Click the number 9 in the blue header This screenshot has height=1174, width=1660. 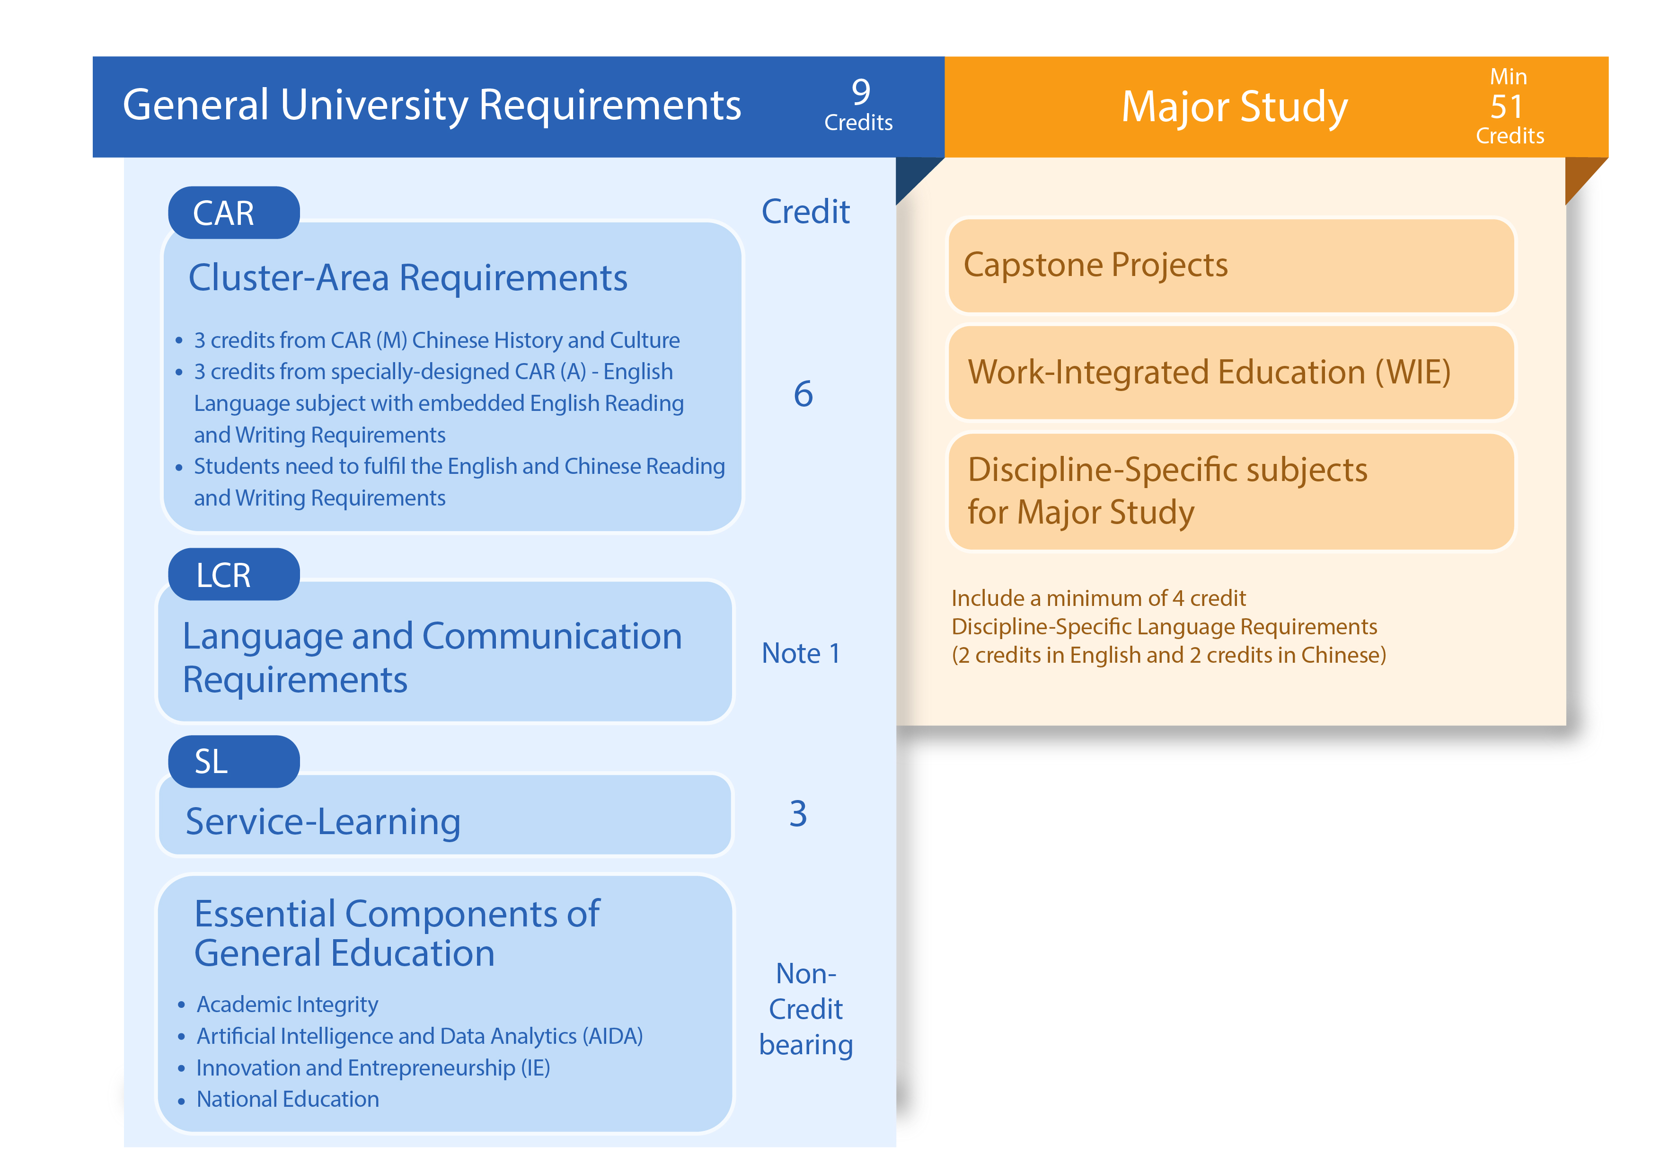pos(860,92)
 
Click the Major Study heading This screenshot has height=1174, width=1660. pos(1234,107)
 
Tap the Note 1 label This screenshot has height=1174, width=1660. pos(801,653)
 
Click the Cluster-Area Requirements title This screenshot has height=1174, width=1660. pos(408,278)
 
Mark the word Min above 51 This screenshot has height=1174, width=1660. pos(1508,77)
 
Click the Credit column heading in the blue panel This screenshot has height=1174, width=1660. pos(805,212)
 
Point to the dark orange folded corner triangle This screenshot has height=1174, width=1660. pos(1580,175)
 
